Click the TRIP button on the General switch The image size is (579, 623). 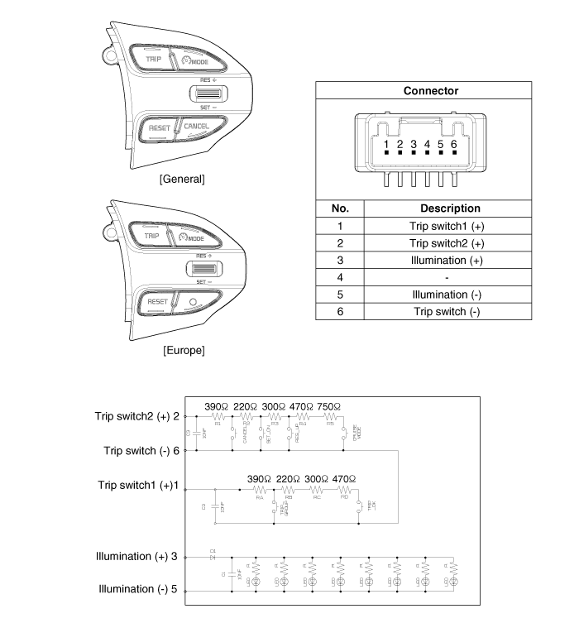point(153,60)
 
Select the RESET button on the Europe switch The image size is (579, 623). point(157,302)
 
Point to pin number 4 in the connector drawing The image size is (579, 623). point(427,145)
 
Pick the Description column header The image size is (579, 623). point(450,208)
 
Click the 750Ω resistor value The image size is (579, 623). point(328,407)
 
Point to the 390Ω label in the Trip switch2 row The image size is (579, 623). point(218,407)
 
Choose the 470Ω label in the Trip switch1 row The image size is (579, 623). point(341,479)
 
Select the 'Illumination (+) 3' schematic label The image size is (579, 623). point(137,557)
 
